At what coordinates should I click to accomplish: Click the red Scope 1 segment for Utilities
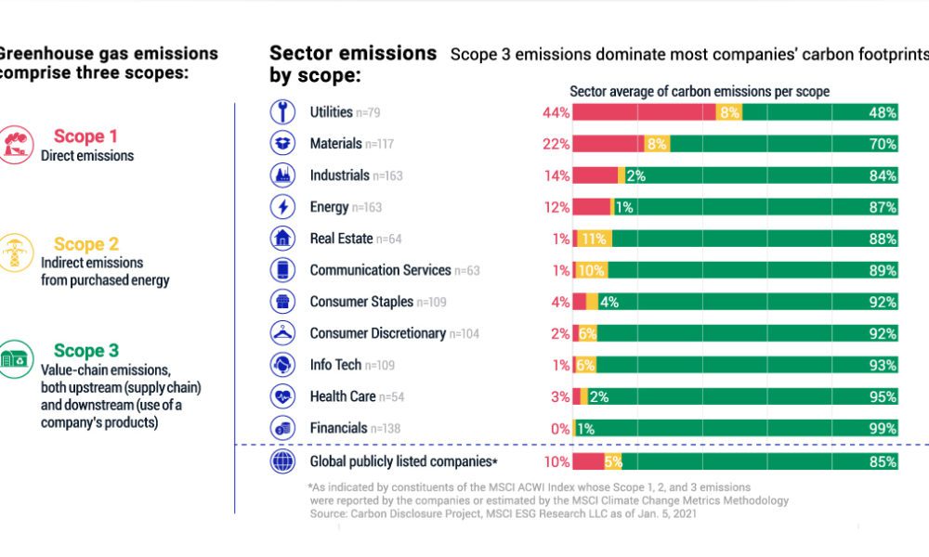[644, 112]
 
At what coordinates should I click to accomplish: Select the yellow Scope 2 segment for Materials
[656, 144]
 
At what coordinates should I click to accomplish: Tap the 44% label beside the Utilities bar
[556, 112]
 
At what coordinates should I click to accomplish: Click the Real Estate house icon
[281, 239]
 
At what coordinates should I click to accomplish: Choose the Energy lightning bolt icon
[281, 207]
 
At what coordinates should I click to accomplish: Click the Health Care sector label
[343, 396]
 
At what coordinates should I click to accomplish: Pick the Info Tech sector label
[335, 365]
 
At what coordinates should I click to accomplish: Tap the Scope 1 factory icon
[16, 145]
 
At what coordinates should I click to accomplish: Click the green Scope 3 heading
[86, 351]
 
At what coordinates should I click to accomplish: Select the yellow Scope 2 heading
[86, 244]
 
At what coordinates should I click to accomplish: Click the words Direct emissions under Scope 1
[87, 156]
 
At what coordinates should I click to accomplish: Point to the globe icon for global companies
[281, 461]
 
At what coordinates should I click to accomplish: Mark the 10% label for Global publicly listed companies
[556, 461]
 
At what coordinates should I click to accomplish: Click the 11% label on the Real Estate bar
[594, 239]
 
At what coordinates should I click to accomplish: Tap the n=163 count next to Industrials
[387, 175]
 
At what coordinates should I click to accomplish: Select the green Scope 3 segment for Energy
[752, 207]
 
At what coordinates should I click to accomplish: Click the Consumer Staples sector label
[361, 302]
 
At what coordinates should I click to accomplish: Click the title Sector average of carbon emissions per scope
[700, 91]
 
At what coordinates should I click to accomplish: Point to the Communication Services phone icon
[281, 270]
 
